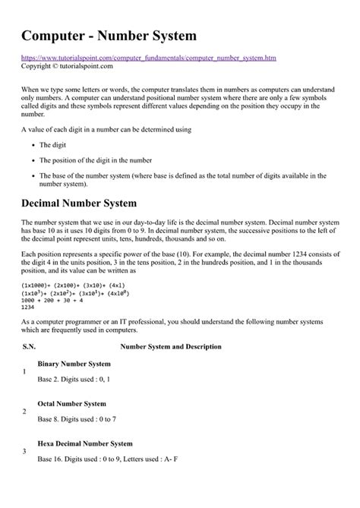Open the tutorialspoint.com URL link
coord(149,58)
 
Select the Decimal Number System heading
coord(79,203)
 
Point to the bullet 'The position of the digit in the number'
coord(96,159)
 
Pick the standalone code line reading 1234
coord(29,308)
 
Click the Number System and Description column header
coord(171,346)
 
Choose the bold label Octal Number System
coord(71,403)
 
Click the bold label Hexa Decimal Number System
coord(85,443)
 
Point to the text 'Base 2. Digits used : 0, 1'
coord(74,378)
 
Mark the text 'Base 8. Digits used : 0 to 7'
coord(77,418)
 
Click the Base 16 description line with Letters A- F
coord(107,458)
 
